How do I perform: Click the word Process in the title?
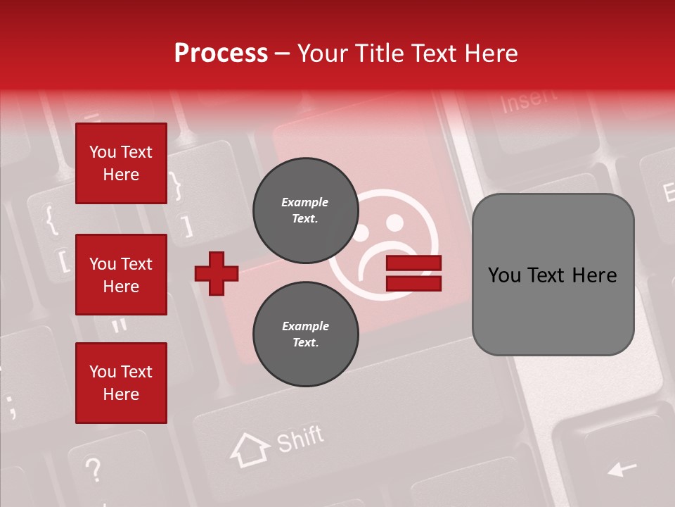click(x=221, y=54)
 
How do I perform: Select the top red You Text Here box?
click(x=121, y=163)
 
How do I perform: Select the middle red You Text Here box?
click(x=121, y=275)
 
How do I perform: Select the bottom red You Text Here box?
click(x=121, y=383)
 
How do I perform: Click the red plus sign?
click(x=217, y=273)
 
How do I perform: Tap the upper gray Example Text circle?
click(x=305, y=211)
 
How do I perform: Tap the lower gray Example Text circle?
click(x=305, y=334)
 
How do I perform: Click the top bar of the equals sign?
click(x=413, y=263)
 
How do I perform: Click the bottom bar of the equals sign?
click(x=413, y=283)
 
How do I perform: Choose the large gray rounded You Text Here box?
click(x=553, y=275)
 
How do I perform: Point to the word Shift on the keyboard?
click(x=300, y=440)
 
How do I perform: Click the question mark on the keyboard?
click(x=93, y=469)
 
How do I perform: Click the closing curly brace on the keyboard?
click(x=176, y=187)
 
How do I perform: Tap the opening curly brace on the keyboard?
click(x=51, y=220)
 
